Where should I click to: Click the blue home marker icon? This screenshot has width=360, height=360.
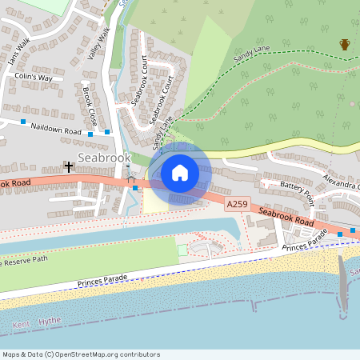click(180, 172)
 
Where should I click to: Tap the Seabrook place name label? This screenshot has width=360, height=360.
click(103, 158)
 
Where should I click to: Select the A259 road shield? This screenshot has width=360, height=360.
click(237, 206)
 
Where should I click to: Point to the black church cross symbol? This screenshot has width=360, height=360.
click(70, 167)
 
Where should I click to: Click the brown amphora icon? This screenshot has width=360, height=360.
click(345, 44)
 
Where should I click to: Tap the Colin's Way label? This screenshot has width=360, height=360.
click(33, 77)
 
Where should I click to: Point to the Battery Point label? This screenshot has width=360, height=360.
click(300, 186)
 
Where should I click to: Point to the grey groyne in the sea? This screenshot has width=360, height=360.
click(343, 284)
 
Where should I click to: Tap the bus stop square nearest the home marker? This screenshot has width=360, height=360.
click(135, 188)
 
